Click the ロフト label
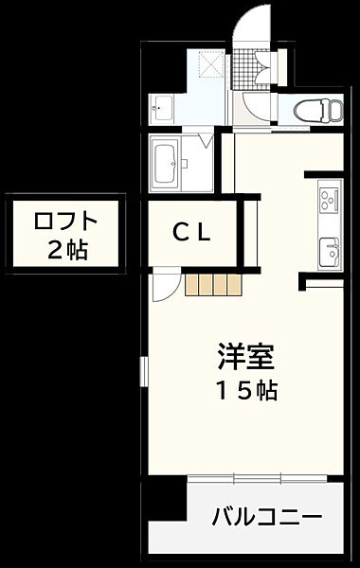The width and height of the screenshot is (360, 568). [x=65, y=223]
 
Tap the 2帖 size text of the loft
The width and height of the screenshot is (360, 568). [x=65, y=249]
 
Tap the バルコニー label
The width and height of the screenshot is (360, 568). [x=266, y=518]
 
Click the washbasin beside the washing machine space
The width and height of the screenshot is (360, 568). [x=162, y=108]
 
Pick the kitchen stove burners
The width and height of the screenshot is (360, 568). [x=329, y=199]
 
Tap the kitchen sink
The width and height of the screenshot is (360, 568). [x=330, y=250]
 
